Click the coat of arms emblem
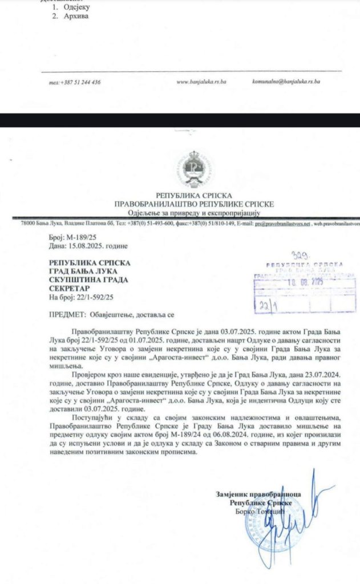tap(196, 168)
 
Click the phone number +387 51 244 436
tap(75, 82)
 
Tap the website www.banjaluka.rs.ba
tap(202, 82)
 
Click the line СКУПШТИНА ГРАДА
tap(86, 280)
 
